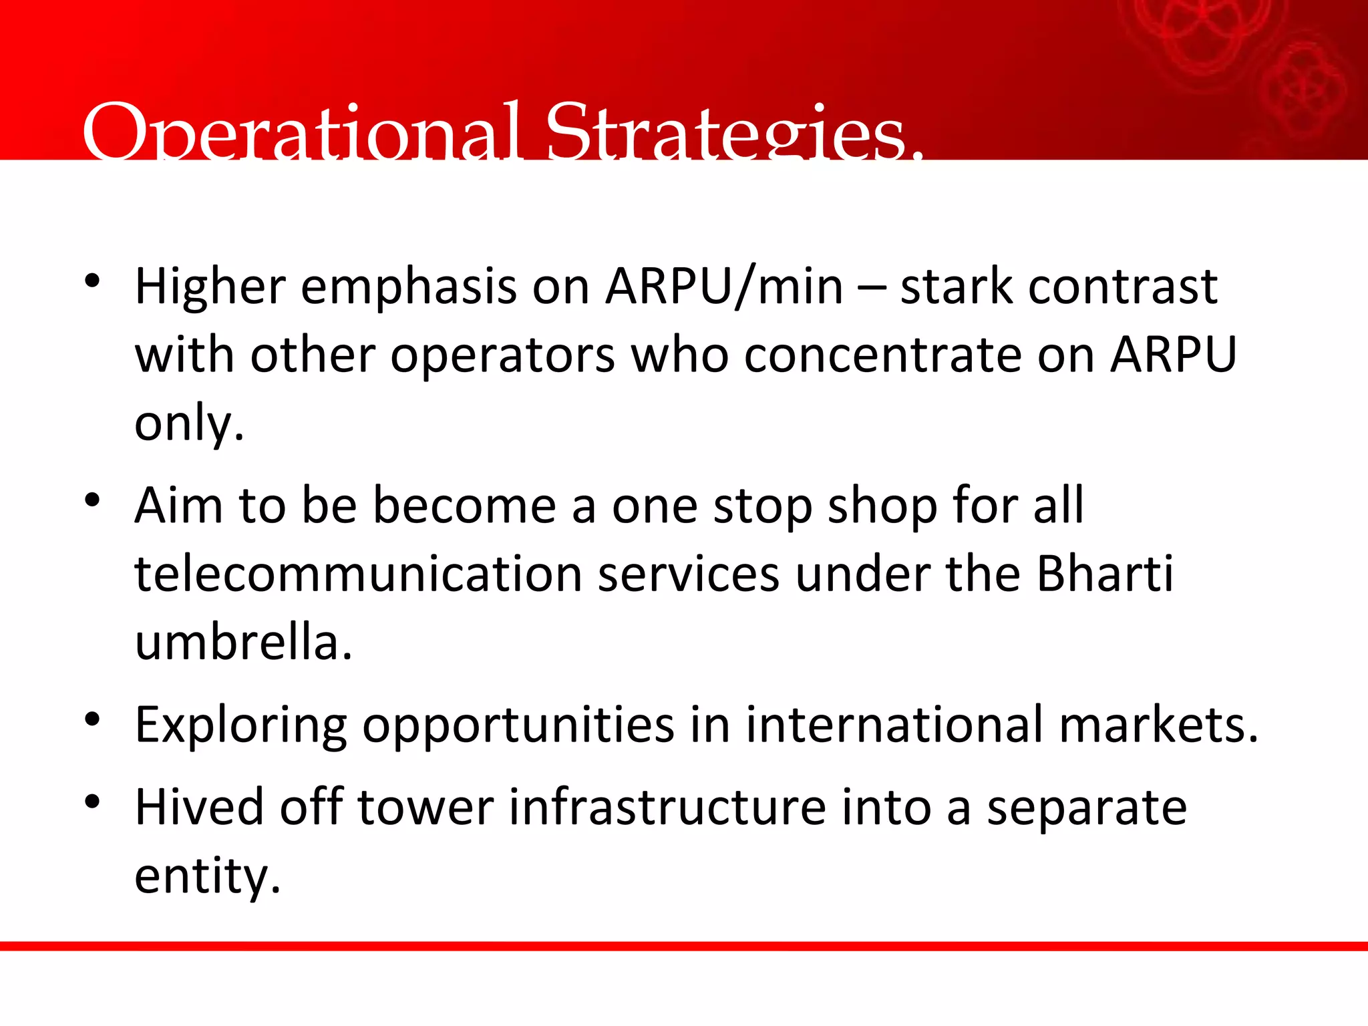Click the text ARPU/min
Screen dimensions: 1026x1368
[x=724, y=287]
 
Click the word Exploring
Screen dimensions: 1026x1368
[x=240, y=727]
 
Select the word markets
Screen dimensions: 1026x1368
[x=1152, y=725]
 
